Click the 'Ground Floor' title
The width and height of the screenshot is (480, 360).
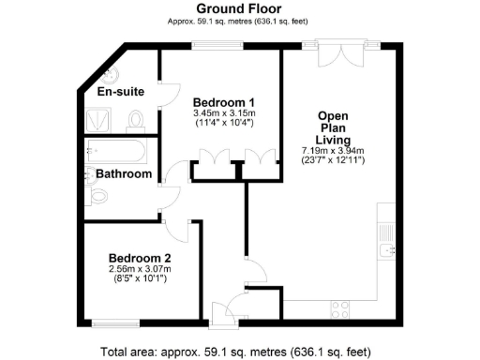(240, 8)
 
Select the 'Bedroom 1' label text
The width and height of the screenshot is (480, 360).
(224, 101)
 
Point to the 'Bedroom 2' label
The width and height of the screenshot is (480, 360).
(139, 258)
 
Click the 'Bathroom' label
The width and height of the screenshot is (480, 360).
(124, 173)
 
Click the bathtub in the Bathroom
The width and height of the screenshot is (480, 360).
(117, 151)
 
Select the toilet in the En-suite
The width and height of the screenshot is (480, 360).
(137, 119)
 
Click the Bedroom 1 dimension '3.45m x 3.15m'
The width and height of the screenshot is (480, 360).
(224, 112)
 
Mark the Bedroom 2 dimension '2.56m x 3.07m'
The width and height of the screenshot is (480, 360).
(140, 268)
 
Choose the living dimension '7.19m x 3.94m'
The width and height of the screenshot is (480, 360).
(333, 151)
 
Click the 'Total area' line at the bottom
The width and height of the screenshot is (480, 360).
(240, 352)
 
